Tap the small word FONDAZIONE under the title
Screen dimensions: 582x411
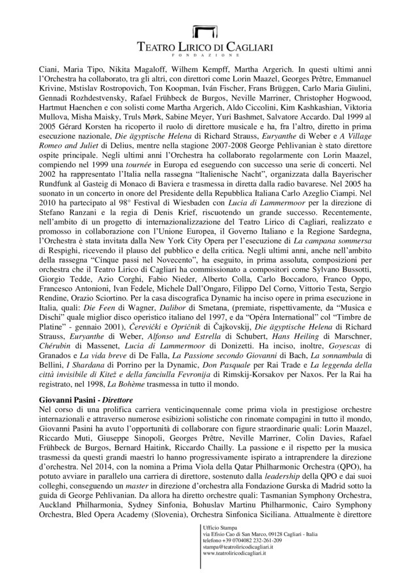coord(205,56)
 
